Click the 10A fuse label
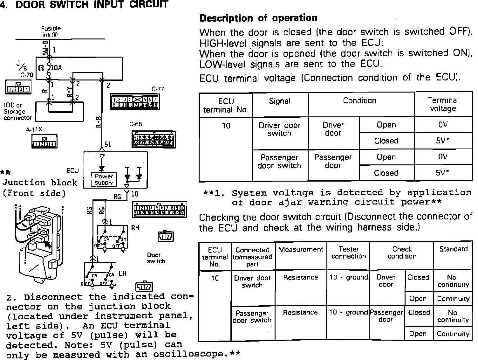click(x=56, y=67)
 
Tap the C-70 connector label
click(x=27, y=75)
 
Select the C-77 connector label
click(x=158, y=89)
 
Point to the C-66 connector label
click(x=136, y=124)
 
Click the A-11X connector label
click(x=34, y=130)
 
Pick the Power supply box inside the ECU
click(x=104, y=179)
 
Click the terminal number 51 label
click(x=108, y=145)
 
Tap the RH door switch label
click(x=135, y=228)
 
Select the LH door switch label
click(x=122, y=273)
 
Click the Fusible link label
click(x=51, y=31)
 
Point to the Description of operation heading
click(x=258, y=18)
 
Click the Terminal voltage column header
click(x=443, y=104)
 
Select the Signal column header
click(x=280, y=101)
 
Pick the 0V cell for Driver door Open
click(x=443, y=125)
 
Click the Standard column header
click(x=453, y=249)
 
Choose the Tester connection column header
click(x=349, y=253)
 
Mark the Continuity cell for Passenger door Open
click(x=453, y=334)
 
